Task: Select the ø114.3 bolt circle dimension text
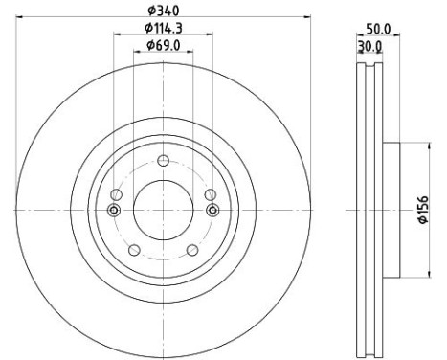[x=163, y=29]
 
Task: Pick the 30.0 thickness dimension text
[x=369, y=45]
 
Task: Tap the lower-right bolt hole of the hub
[x=192, y=250]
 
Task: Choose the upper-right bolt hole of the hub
[x=210, y=194]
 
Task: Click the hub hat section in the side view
[x=391, y=211]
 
